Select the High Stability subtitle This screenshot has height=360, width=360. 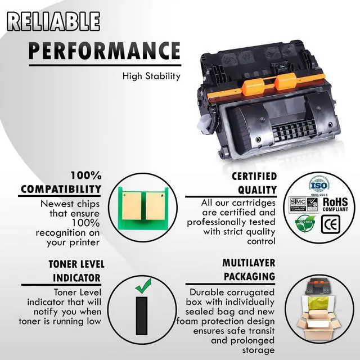(151, 76)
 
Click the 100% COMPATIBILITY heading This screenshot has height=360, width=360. (61, 182)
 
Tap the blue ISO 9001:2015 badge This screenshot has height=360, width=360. (318, 185)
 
